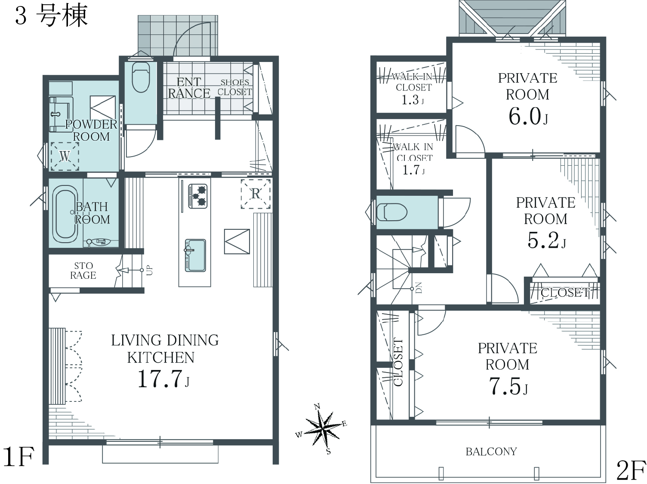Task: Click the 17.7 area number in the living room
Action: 160,379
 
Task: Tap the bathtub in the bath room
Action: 65,212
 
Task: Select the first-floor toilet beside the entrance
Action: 141,77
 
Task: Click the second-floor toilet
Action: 392,212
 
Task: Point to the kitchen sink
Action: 195,255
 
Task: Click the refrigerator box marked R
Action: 256,194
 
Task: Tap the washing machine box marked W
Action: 65,156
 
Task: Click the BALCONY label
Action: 491,452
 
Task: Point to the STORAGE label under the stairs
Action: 83,270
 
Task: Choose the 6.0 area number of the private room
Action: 524,117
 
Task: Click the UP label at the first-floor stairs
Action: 150,270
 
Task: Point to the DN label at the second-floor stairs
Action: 419,288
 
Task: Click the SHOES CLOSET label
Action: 234,87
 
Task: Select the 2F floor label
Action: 631,471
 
